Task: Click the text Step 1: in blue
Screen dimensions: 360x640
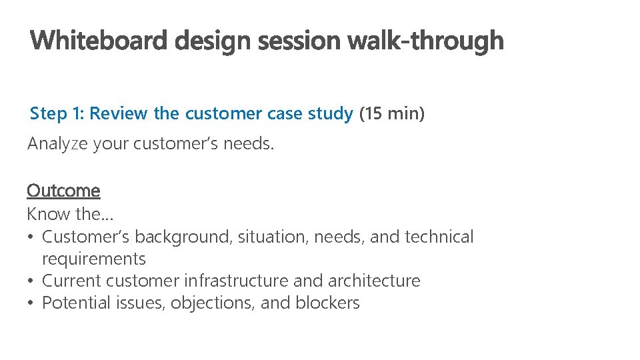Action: click(57, 113)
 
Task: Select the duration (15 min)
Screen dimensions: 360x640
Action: click(391, 113)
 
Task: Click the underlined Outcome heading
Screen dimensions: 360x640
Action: click(63, 191)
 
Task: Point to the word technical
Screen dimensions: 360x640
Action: click(439, 237)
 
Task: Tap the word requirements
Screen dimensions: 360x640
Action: click(93, 259)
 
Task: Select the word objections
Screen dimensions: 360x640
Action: click(213, 303)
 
